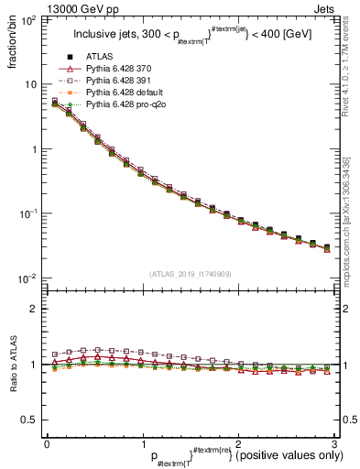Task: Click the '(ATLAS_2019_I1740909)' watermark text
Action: point(191,273)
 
